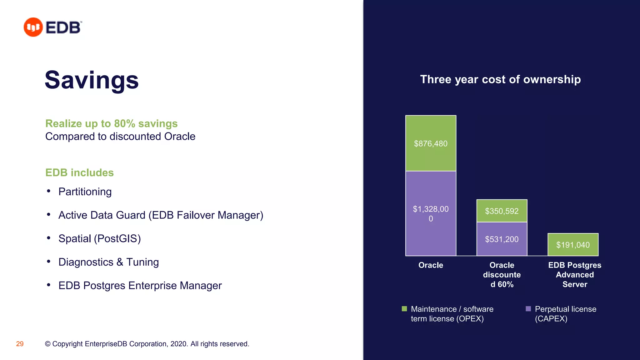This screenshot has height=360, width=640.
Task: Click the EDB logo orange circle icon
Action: coord(33,27)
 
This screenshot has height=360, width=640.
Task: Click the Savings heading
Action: coord(92,80)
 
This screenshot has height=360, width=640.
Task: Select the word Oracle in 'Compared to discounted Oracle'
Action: coord(180,137)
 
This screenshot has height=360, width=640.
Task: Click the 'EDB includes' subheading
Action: coord(79,173)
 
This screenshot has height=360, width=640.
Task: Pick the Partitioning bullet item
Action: coord(85,192)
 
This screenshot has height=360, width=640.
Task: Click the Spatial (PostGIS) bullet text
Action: coord(99,238)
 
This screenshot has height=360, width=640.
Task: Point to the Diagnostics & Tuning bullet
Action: coord(108,262)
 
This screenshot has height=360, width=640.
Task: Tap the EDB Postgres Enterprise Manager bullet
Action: coord(140,285)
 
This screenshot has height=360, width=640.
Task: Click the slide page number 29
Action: coord(20,344)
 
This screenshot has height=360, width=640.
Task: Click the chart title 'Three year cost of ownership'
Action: coord(500,79)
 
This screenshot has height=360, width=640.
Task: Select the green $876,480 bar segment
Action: coord(431,143)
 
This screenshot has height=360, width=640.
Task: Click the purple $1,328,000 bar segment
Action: coord(431,213)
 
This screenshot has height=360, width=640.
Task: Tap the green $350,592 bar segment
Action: coord(502,211)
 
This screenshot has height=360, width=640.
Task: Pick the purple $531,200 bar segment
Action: coord(502,239)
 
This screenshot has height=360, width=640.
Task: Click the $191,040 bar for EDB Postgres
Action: coord(573,245)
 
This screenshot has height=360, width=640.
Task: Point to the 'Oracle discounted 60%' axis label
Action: coord(502,275)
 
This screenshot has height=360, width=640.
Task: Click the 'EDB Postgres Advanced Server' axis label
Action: coord(574,275)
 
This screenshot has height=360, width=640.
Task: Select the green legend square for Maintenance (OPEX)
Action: coord(404,309)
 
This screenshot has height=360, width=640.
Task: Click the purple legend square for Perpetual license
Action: coord(528,309)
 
